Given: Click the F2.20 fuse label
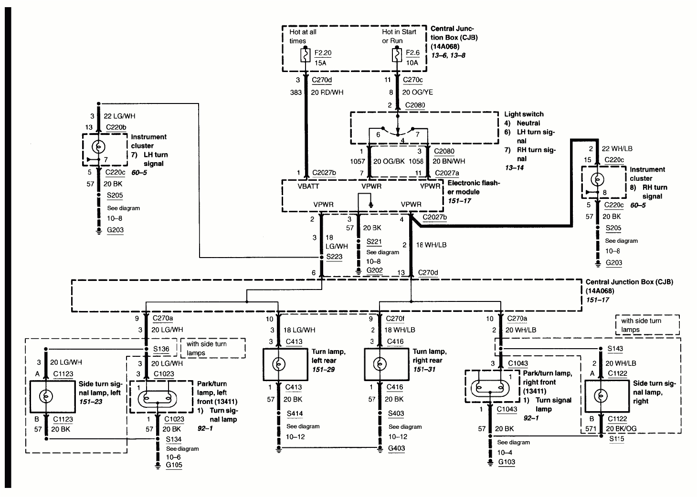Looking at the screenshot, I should [323, 53].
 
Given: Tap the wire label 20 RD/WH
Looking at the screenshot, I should [327, 92].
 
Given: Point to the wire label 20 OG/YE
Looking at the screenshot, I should [418, 92].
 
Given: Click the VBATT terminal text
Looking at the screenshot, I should [308, 186].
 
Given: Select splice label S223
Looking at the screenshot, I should [334, 257].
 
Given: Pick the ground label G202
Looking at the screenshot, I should [374, 271].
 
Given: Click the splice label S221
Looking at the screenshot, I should [374, 241].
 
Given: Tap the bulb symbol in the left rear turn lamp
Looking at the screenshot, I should [278, 364].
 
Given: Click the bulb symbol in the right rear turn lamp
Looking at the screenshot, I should [379, 364].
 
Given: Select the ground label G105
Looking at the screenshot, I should [174, 465].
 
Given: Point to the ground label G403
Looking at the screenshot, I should [396, 448].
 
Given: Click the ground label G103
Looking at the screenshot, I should [507, 462].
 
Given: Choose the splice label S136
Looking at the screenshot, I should [161, 349].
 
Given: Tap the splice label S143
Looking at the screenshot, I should [615, 349].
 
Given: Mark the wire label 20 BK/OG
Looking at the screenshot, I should [621, 428].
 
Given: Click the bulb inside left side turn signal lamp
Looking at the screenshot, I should [46, 396].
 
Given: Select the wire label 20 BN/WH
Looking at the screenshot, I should [449, 161].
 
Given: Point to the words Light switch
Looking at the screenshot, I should [524, 114].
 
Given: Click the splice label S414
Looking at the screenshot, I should [295, 414].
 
